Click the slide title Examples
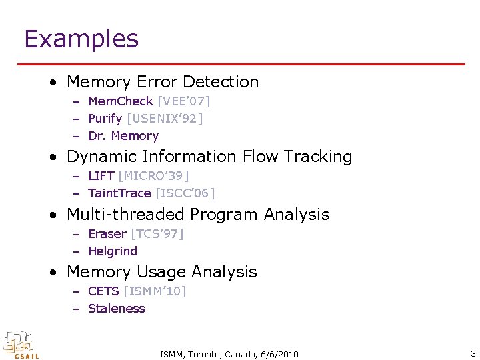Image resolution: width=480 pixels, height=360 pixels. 81,39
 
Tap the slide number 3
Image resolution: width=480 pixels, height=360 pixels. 473,353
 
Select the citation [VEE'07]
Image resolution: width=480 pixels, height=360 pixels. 183,101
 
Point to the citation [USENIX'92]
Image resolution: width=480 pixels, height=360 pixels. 165,119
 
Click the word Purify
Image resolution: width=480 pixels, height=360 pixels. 105,119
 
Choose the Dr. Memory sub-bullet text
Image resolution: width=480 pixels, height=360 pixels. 123,136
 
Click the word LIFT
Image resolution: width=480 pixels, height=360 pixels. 101,176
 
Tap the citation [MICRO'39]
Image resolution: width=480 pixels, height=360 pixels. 153,176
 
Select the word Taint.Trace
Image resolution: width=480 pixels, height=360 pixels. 119,193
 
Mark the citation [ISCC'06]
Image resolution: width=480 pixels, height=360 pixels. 185,193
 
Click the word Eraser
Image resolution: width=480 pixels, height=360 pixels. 107,234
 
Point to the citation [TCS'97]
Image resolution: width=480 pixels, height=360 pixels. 157,234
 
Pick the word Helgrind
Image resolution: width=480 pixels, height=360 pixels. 113,251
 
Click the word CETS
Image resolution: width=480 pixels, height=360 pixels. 103,291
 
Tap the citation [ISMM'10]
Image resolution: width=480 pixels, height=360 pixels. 155,291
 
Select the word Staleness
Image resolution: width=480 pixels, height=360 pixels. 117,309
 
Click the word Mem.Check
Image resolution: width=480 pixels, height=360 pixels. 121,101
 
